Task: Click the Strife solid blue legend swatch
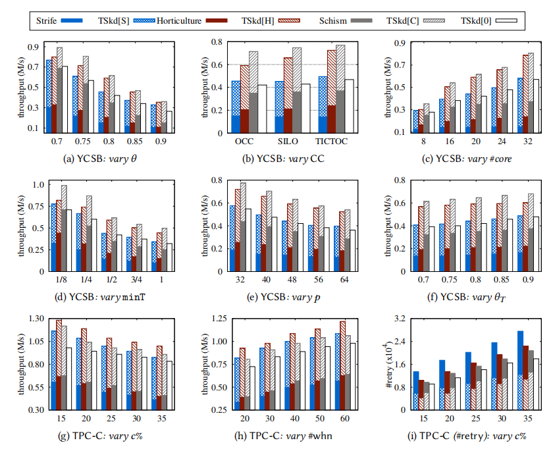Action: click(72, 20)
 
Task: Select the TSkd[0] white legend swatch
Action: click(506, 21)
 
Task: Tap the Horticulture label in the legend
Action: click(179, 21)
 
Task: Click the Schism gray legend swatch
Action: click(361, 21)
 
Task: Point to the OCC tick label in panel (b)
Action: click(244, 142)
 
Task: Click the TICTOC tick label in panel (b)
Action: click(331, 142)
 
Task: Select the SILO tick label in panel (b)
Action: click(288, 142)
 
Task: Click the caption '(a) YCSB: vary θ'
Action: click(100, 159)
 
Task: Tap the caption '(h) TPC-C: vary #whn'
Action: click(283, 436)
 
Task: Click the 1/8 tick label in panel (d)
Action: click(61, 280)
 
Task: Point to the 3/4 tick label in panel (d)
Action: click(136, 280)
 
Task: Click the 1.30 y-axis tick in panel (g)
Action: click(36, 319)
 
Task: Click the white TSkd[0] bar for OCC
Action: click(262, 109)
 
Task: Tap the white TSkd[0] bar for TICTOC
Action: click(349, 106)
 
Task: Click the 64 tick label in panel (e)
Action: click(344, 280)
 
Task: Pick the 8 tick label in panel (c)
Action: click(423, 142)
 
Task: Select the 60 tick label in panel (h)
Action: click(344, 419)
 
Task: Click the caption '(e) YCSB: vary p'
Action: click(284, 298)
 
